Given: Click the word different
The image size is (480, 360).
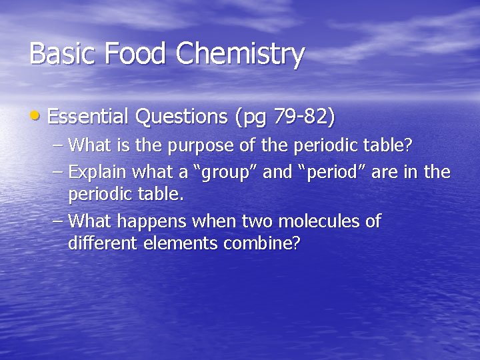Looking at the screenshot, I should point(100,243).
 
